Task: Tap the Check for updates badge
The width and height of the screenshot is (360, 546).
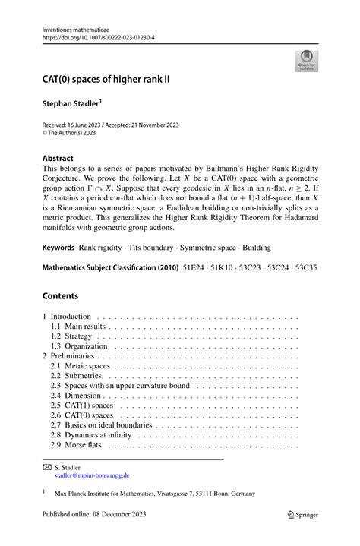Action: pos(307,60)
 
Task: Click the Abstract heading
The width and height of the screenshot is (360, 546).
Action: pos(58,159)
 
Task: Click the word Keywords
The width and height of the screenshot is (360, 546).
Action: pos(58,247)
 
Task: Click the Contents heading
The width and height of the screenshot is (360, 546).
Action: pos(59,295)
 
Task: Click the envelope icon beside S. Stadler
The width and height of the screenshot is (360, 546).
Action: pos(46,468)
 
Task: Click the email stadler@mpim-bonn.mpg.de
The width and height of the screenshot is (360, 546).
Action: pos(91,476)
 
